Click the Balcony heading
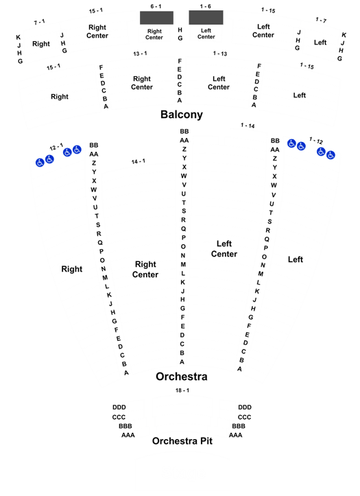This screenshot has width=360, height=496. point(182,115)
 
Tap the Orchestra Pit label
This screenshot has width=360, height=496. point(182,441)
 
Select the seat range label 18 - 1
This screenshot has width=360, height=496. point(182,390)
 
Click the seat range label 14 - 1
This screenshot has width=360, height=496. point(138,161)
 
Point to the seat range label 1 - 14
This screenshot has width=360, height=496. point(248,126)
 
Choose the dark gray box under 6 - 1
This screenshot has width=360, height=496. point(156,18)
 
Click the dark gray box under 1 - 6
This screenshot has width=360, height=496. point(206,17)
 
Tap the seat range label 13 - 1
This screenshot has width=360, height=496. point(140,54)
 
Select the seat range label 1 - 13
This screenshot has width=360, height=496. point(220,54)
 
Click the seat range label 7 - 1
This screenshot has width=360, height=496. point(40,22)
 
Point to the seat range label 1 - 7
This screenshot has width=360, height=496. point(321,20)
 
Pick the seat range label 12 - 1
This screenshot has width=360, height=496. point(56,147)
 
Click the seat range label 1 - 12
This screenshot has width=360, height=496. point(316,140)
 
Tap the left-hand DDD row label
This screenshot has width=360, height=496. point(119,407)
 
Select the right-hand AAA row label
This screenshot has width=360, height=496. point(235,435)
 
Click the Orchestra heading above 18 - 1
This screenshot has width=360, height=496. point(182,377)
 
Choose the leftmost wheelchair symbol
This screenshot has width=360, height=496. point(40,163)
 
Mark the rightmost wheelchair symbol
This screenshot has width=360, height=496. point(331,155)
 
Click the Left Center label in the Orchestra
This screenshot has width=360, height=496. point(224,248)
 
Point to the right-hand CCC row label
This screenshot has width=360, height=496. point(244,417)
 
